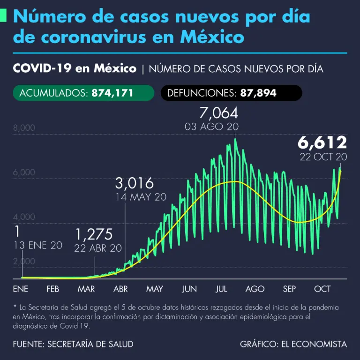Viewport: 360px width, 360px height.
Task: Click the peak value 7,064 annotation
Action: [x=218, y=113]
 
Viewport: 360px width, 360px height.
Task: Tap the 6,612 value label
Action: [x=323, y=142]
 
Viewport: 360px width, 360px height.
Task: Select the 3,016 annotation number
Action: [x=134, y=183]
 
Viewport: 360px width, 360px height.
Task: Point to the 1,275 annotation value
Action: [x=94, y=234]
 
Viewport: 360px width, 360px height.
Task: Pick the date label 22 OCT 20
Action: [x=323, y=157]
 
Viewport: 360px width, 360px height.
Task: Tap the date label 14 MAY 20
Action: [x=141, y=197]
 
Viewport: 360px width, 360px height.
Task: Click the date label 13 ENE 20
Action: [x=37, y=246]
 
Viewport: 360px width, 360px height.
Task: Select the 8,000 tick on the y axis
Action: [x=24, y=128]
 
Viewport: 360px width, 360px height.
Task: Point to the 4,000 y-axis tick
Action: [x=24, y=217]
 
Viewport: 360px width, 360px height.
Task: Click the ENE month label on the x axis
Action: [x=21, y=289]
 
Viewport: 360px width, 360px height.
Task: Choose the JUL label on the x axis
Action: [x=221, y=289]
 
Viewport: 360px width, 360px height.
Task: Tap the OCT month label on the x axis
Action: [x=322, y=289]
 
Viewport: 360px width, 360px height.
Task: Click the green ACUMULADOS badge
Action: [x=83, y=93]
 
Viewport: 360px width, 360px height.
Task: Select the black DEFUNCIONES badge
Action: [x=232, y=93]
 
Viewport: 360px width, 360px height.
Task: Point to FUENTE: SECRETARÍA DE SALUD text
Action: [x=73, y=344]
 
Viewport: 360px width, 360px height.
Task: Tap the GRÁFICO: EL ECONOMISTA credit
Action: [x=293, y=344]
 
